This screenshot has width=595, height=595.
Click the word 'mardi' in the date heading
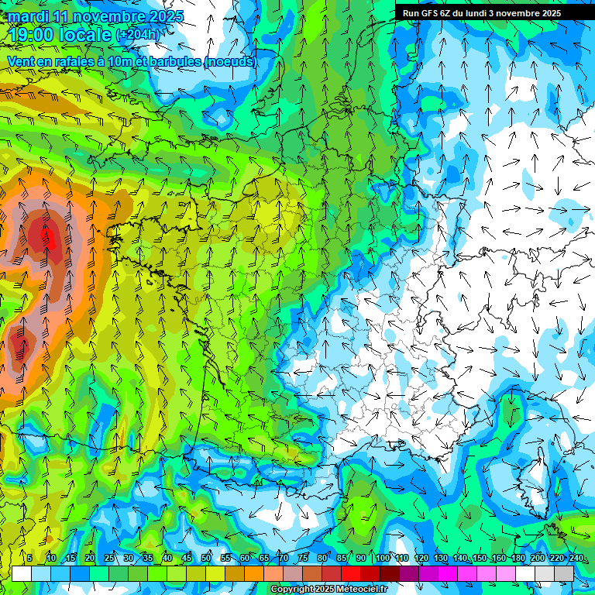point(25,16)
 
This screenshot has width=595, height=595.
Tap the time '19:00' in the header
point(33,34)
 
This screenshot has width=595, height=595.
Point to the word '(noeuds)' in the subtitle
point(229,61)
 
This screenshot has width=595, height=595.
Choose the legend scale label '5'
point(29,559)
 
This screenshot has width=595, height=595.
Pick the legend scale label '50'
point(206,559)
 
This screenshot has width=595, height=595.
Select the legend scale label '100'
point(382,559)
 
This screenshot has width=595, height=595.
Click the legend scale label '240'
point(576,559)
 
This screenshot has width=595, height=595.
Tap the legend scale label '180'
point(518,559)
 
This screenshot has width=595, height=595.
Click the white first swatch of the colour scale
point(22,573)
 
